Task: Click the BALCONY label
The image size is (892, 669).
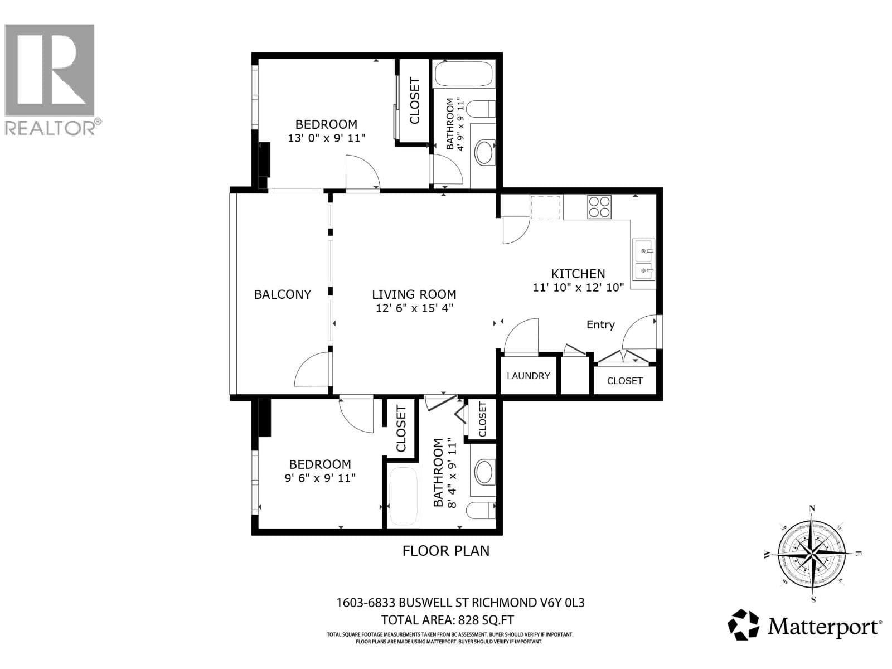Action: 282,294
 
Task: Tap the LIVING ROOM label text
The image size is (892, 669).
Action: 414,294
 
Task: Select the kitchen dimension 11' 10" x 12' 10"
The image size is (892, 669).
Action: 578,288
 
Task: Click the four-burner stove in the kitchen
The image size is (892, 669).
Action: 599,206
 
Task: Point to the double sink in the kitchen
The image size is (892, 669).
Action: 643,260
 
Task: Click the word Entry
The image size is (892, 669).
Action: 600,324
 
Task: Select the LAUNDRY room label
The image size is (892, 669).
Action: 528,376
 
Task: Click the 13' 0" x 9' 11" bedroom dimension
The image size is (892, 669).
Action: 326,138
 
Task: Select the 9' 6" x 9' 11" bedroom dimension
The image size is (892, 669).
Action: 319,478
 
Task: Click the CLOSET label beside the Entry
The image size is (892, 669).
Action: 624,381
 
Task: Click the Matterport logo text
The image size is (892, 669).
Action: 824,628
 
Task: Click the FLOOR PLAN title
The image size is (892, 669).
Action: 445,551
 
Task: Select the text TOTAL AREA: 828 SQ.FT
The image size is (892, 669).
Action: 447,620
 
